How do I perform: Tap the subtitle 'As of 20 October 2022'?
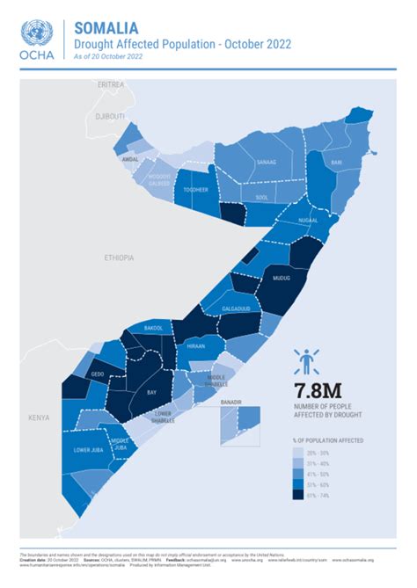(x=108, y=57)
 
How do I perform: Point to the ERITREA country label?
(x=111, y=84)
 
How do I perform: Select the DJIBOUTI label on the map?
(x=111, y=116)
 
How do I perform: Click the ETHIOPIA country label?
(x=119, y=258)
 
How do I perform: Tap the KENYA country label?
(x=38, y=417)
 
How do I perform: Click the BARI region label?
(x=336, y=163)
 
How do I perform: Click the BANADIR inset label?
(x=230, y=403)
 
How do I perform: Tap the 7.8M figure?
(x=318, y=389)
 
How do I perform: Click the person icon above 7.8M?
(x=306, y=360)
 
